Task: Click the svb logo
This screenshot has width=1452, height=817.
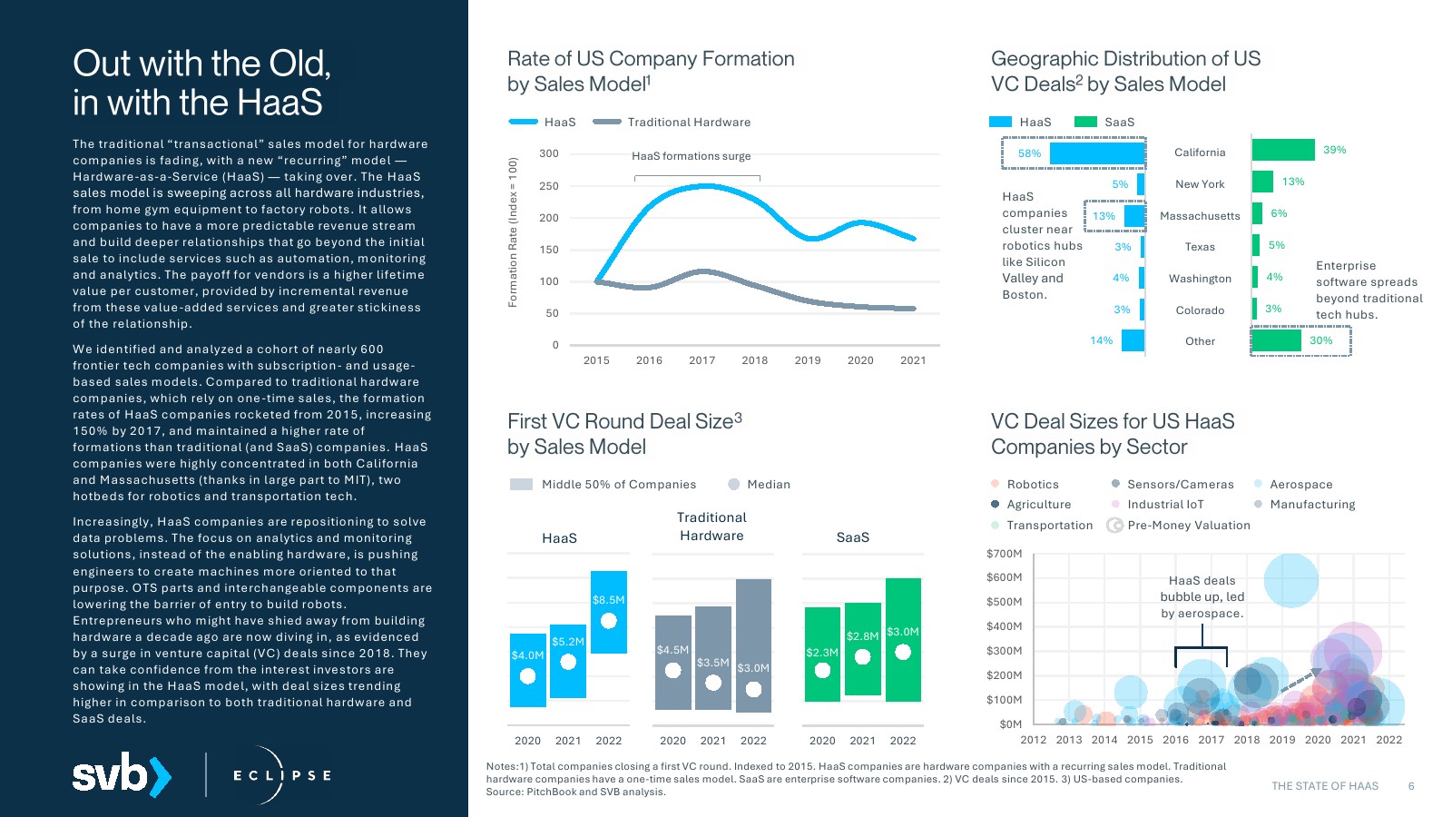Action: (121, 774)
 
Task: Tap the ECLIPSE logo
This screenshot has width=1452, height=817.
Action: (280, 775)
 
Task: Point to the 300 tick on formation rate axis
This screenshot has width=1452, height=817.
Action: (549, 153)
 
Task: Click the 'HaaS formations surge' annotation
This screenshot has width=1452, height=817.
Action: (692, 156)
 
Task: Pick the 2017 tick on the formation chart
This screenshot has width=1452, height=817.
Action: (701, 360)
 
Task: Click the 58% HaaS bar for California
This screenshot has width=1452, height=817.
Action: (1097, 153)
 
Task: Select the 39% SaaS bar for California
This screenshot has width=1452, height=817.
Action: (1283, 150)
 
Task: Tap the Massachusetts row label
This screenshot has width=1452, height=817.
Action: (1200, 216)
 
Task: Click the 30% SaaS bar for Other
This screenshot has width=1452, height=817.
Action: (1276, 340)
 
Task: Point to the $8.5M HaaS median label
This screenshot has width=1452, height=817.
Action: (608, 600)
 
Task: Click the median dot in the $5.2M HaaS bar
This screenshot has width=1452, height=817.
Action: (568, 662)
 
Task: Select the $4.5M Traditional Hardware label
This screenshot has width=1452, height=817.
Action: (672, 650)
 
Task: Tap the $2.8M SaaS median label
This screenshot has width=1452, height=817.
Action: (862, 636)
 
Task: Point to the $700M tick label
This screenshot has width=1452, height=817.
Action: (1004, 554)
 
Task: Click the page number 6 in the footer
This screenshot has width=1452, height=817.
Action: (1411, 786)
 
